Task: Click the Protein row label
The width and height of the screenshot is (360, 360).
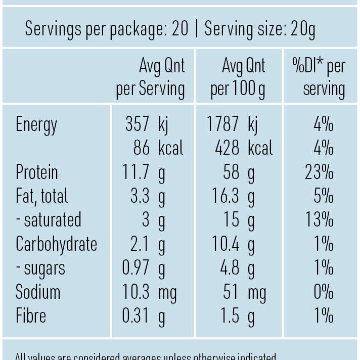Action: (36, 172)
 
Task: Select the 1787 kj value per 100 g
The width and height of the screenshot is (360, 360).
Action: (232, 124)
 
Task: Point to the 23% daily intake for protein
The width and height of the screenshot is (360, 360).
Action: (319, 172)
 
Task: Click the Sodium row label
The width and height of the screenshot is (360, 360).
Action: (38, 292)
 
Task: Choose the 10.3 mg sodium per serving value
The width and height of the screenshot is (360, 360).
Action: (149, 292)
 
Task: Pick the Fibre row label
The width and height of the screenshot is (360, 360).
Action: (31, 316)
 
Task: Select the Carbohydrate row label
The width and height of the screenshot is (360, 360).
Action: (56, 244)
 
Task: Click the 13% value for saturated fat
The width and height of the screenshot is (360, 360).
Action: (319, 220)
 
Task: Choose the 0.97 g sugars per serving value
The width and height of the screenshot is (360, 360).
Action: (144, 268)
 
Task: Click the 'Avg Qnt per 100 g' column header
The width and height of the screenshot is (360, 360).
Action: (238, 77)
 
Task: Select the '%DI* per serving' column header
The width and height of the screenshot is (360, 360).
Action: (319, 77)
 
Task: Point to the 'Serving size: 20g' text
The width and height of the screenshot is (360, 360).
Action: (259, 29)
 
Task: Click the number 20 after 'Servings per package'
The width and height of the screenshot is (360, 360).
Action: (180, 29)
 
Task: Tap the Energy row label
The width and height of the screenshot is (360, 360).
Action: (36, 124)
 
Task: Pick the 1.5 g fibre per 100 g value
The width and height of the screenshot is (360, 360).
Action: (237, 316)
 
